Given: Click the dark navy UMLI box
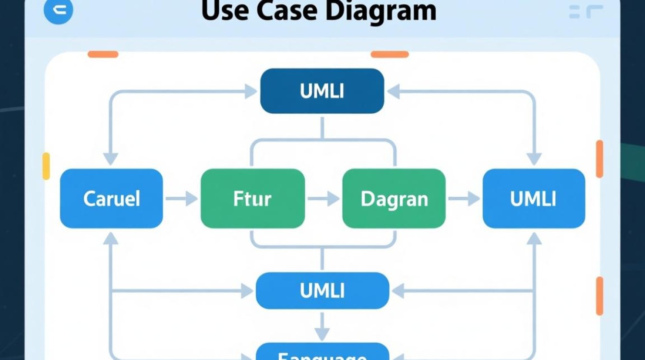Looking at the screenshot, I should click(322, 91).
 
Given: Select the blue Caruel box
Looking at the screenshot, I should click(111, 198).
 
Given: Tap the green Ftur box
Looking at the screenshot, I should click(252, 198).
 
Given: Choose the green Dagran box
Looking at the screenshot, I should click(394, 198).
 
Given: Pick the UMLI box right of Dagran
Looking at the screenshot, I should click(534, 198).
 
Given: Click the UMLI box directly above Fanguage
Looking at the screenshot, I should click(322, 290).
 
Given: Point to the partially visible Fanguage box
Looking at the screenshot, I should click(322, 353).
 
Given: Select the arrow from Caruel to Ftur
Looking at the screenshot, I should click(181, 198).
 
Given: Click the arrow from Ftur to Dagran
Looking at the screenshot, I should click(323, 198).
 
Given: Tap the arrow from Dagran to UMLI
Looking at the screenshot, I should click(464, 198).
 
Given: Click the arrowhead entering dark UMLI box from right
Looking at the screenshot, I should click(394, 91).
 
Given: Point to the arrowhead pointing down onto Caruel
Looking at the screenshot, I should click(111, 158).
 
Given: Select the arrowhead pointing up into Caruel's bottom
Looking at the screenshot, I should click(111, 238).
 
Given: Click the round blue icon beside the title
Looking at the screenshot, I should click(58, 12).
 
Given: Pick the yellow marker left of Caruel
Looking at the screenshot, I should click(46, 166).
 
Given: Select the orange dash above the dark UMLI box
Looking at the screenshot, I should click(389, 54).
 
